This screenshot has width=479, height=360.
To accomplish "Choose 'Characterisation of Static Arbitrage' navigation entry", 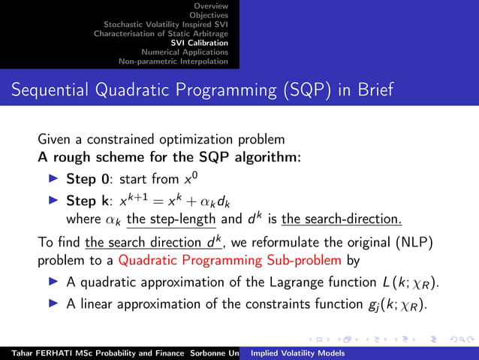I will click(161, 33).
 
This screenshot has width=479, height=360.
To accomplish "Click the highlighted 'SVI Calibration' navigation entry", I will click(200, 43).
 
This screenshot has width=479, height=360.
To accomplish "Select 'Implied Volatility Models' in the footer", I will click(297, 352).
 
